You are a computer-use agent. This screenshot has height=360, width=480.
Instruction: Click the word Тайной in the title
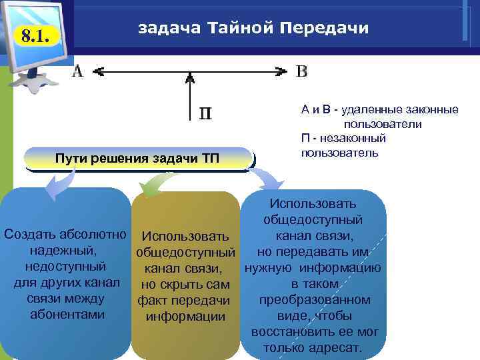239,28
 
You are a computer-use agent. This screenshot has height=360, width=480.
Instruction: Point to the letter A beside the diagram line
78,71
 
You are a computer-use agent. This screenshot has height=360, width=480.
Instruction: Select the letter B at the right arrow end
301,71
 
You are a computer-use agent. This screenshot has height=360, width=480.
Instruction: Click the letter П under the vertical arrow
206,113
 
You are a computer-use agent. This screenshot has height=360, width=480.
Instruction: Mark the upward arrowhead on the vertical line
190,77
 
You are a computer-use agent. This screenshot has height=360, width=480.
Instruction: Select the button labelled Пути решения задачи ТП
138,158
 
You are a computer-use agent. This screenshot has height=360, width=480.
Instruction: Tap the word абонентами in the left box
65,314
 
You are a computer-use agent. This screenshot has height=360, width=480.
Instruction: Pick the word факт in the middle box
151,300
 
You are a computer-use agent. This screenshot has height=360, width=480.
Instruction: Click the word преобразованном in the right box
315,300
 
